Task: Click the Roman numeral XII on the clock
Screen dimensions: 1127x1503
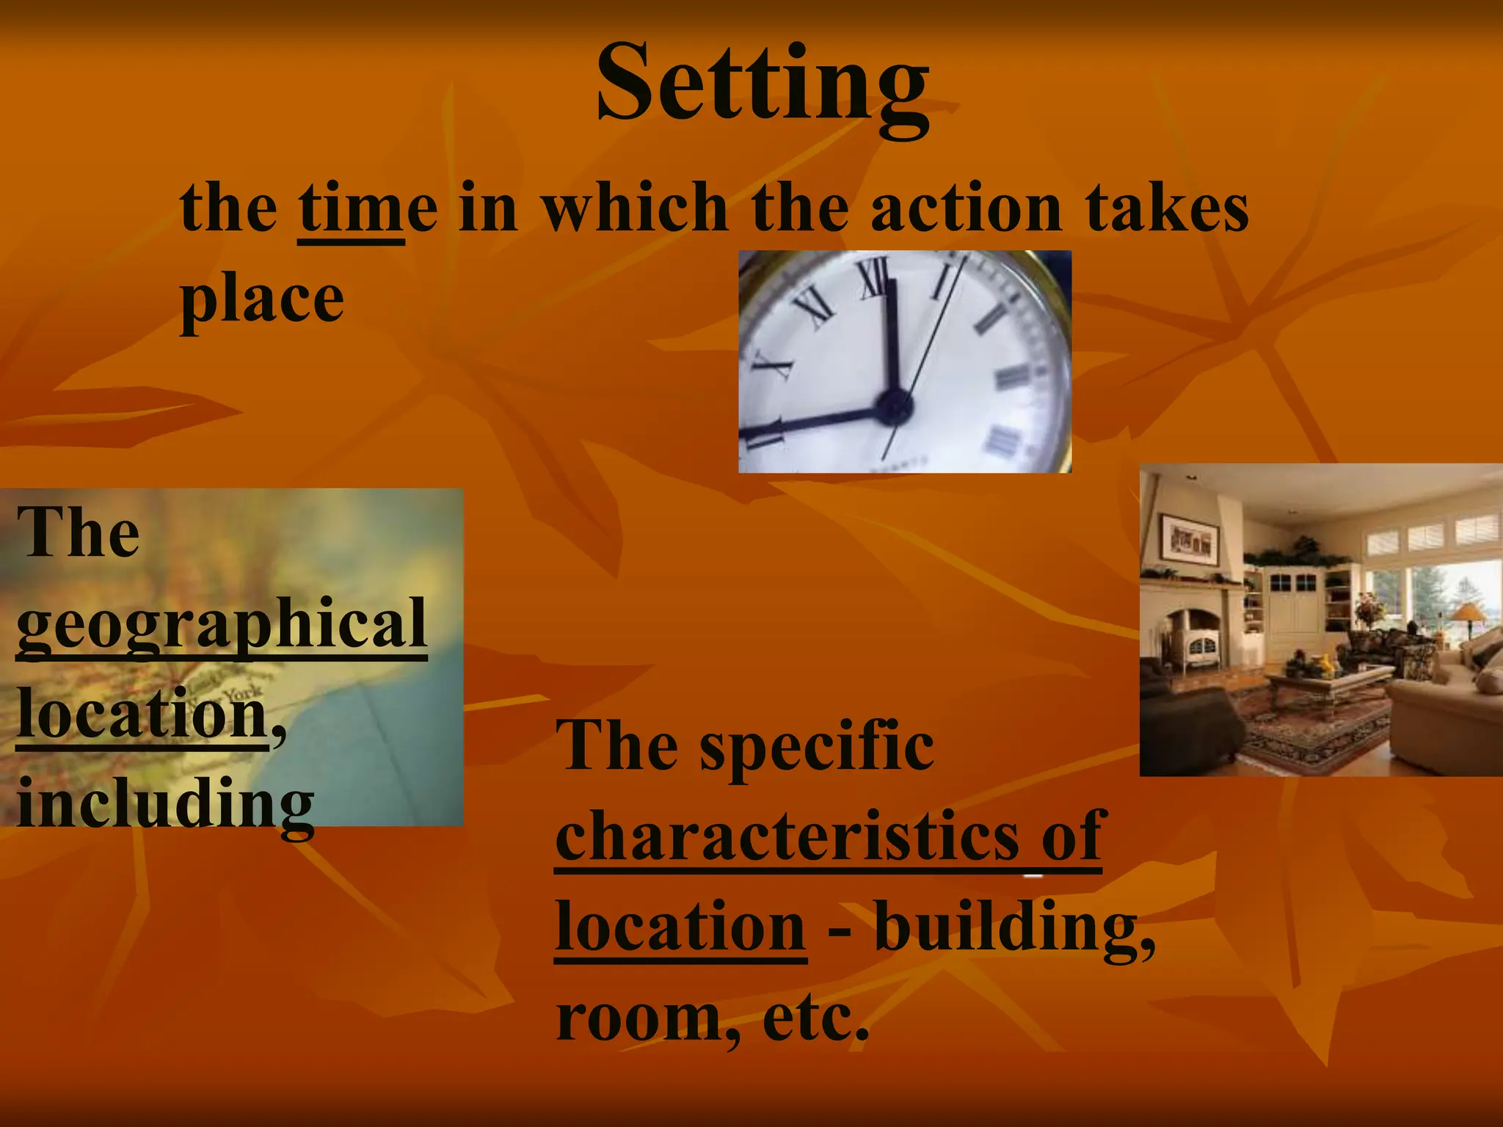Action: pyautogui.click(x=875, y=279)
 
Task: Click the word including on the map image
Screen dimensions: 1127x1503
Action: pyautogui.click(x=165, y=803)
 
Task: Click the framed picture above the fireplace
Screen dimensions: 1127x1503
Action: pyautogui.click(x=1188, y=539)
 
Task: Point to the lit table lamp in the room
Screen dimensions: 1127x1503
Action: pyautogui.click(x=1467, y=613)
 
